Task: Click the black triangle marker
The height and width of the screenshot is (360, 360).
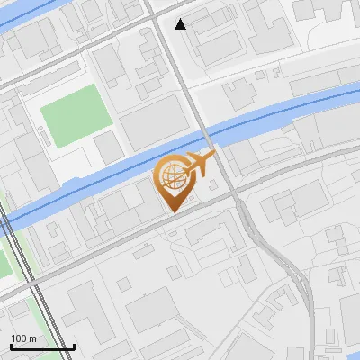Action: click(x=181, y=24)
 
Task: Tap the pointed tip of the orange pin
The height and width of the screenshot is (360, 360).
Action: click(x=172, y=211)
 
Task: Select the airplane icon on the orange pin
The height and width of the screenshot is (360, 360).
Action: click(x=200, y=164)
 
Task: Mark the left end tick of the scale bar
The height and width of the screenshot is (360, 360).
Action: click(x=11, y=346)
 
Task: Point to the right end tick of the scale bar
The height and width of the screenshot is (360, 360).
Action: click(x=74, y=346)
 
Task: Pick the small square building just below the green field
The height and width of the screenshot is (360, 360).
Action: click(x=109, y=147)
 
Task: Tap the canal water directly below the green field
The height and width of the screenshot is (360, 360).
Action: click(x=81, y=181)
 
